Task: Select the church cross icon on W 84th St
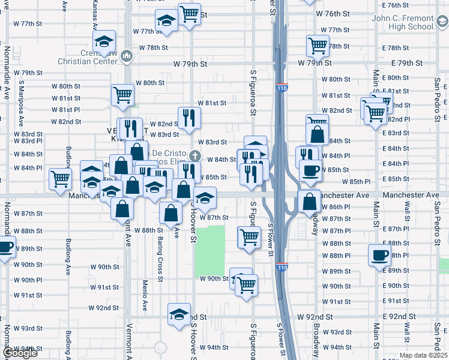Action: [x=193, y=156]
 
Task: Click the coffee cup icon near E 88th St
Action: [x=379, y=254]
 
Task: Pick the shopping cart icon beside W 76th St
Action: [x=190, y=14]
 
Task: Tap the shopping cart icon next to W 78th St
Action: [x=317, y=45]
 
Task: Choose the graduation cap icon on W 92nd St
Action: [x=179, y=314]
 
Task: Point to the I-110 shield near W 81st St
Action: [x=282, y=88]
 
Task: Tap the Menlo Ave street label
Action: [x=145, y=295]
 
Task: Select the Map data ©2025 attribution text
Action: [x=423, y=355]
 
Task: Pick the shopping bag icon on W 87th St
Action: [x=171, y=213]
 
